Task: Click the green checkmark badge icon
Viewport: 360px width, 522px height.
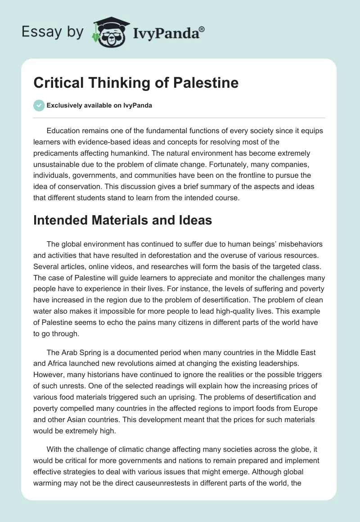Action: pos(39,105)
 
